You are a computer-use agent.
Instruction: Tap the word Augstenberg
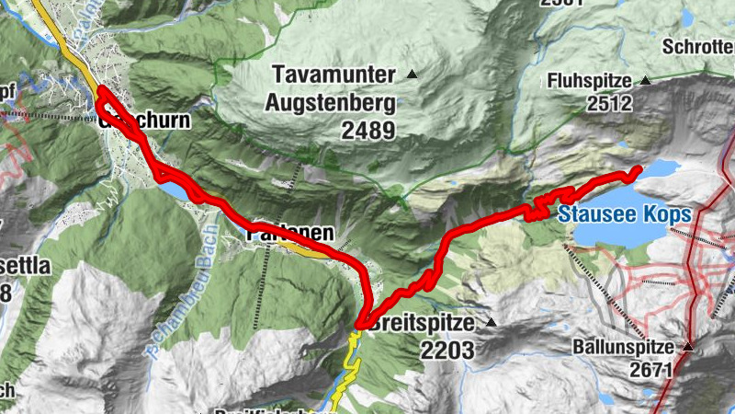coord(330,102)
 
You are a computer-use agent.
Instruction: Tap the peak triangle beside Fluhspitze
coord(645,80)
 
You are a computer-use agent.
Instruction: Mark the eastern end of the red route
coord(637,169)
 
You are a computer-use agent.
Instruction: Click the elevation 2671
coord(650,370)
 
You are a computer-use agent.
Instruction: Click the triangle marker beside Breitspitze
coord(491,323)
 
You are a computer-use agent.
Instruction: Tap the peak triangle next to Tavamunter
coord(413,74)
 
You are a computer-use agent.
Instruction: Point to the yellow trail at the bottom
coord(345,368)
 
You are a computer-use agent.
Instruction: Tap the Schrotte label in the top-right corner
coord(699,45)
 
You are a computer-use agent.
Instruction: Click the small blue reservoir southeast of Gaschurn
coord(178,190)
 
